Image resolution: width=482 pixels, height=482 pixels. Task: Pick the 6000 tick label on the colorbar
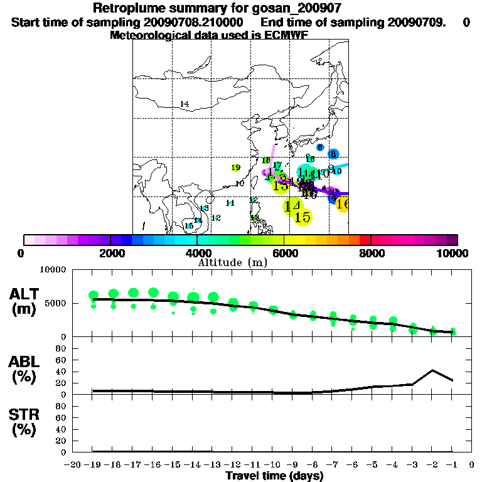284,254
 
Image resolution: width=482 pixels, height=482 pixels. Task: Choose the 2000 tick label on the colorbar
110,254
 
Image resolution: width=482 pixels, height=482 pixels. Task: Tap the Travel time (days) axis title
274,476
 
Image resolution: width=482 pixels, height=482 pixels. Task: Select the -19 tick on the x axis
94,464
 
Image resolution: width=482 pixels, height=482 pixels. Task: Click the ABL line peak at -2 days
432,370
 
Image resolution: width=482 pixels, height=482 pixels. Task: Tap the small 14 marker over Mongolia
185,104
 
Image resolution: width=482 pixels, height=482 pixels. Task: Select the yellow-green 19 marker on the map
236,168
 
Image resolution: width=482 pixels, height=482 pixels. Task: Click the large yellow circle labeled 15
303,217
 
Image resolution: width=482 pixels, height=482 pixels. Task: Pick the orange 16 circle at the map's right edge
343,203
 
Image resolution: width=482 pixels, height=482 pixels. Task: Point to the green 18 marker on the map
266,160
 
